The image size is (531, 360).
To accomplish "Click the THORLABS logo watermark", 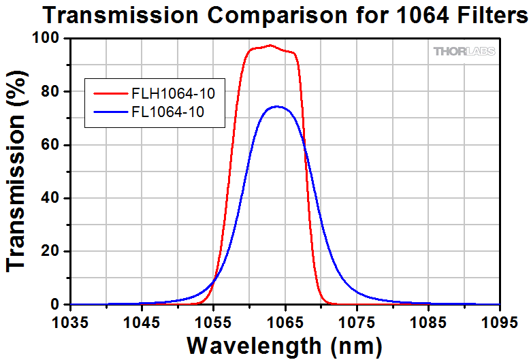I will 464,51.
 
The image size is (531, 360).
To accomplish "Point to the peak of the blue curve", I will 276,106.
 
